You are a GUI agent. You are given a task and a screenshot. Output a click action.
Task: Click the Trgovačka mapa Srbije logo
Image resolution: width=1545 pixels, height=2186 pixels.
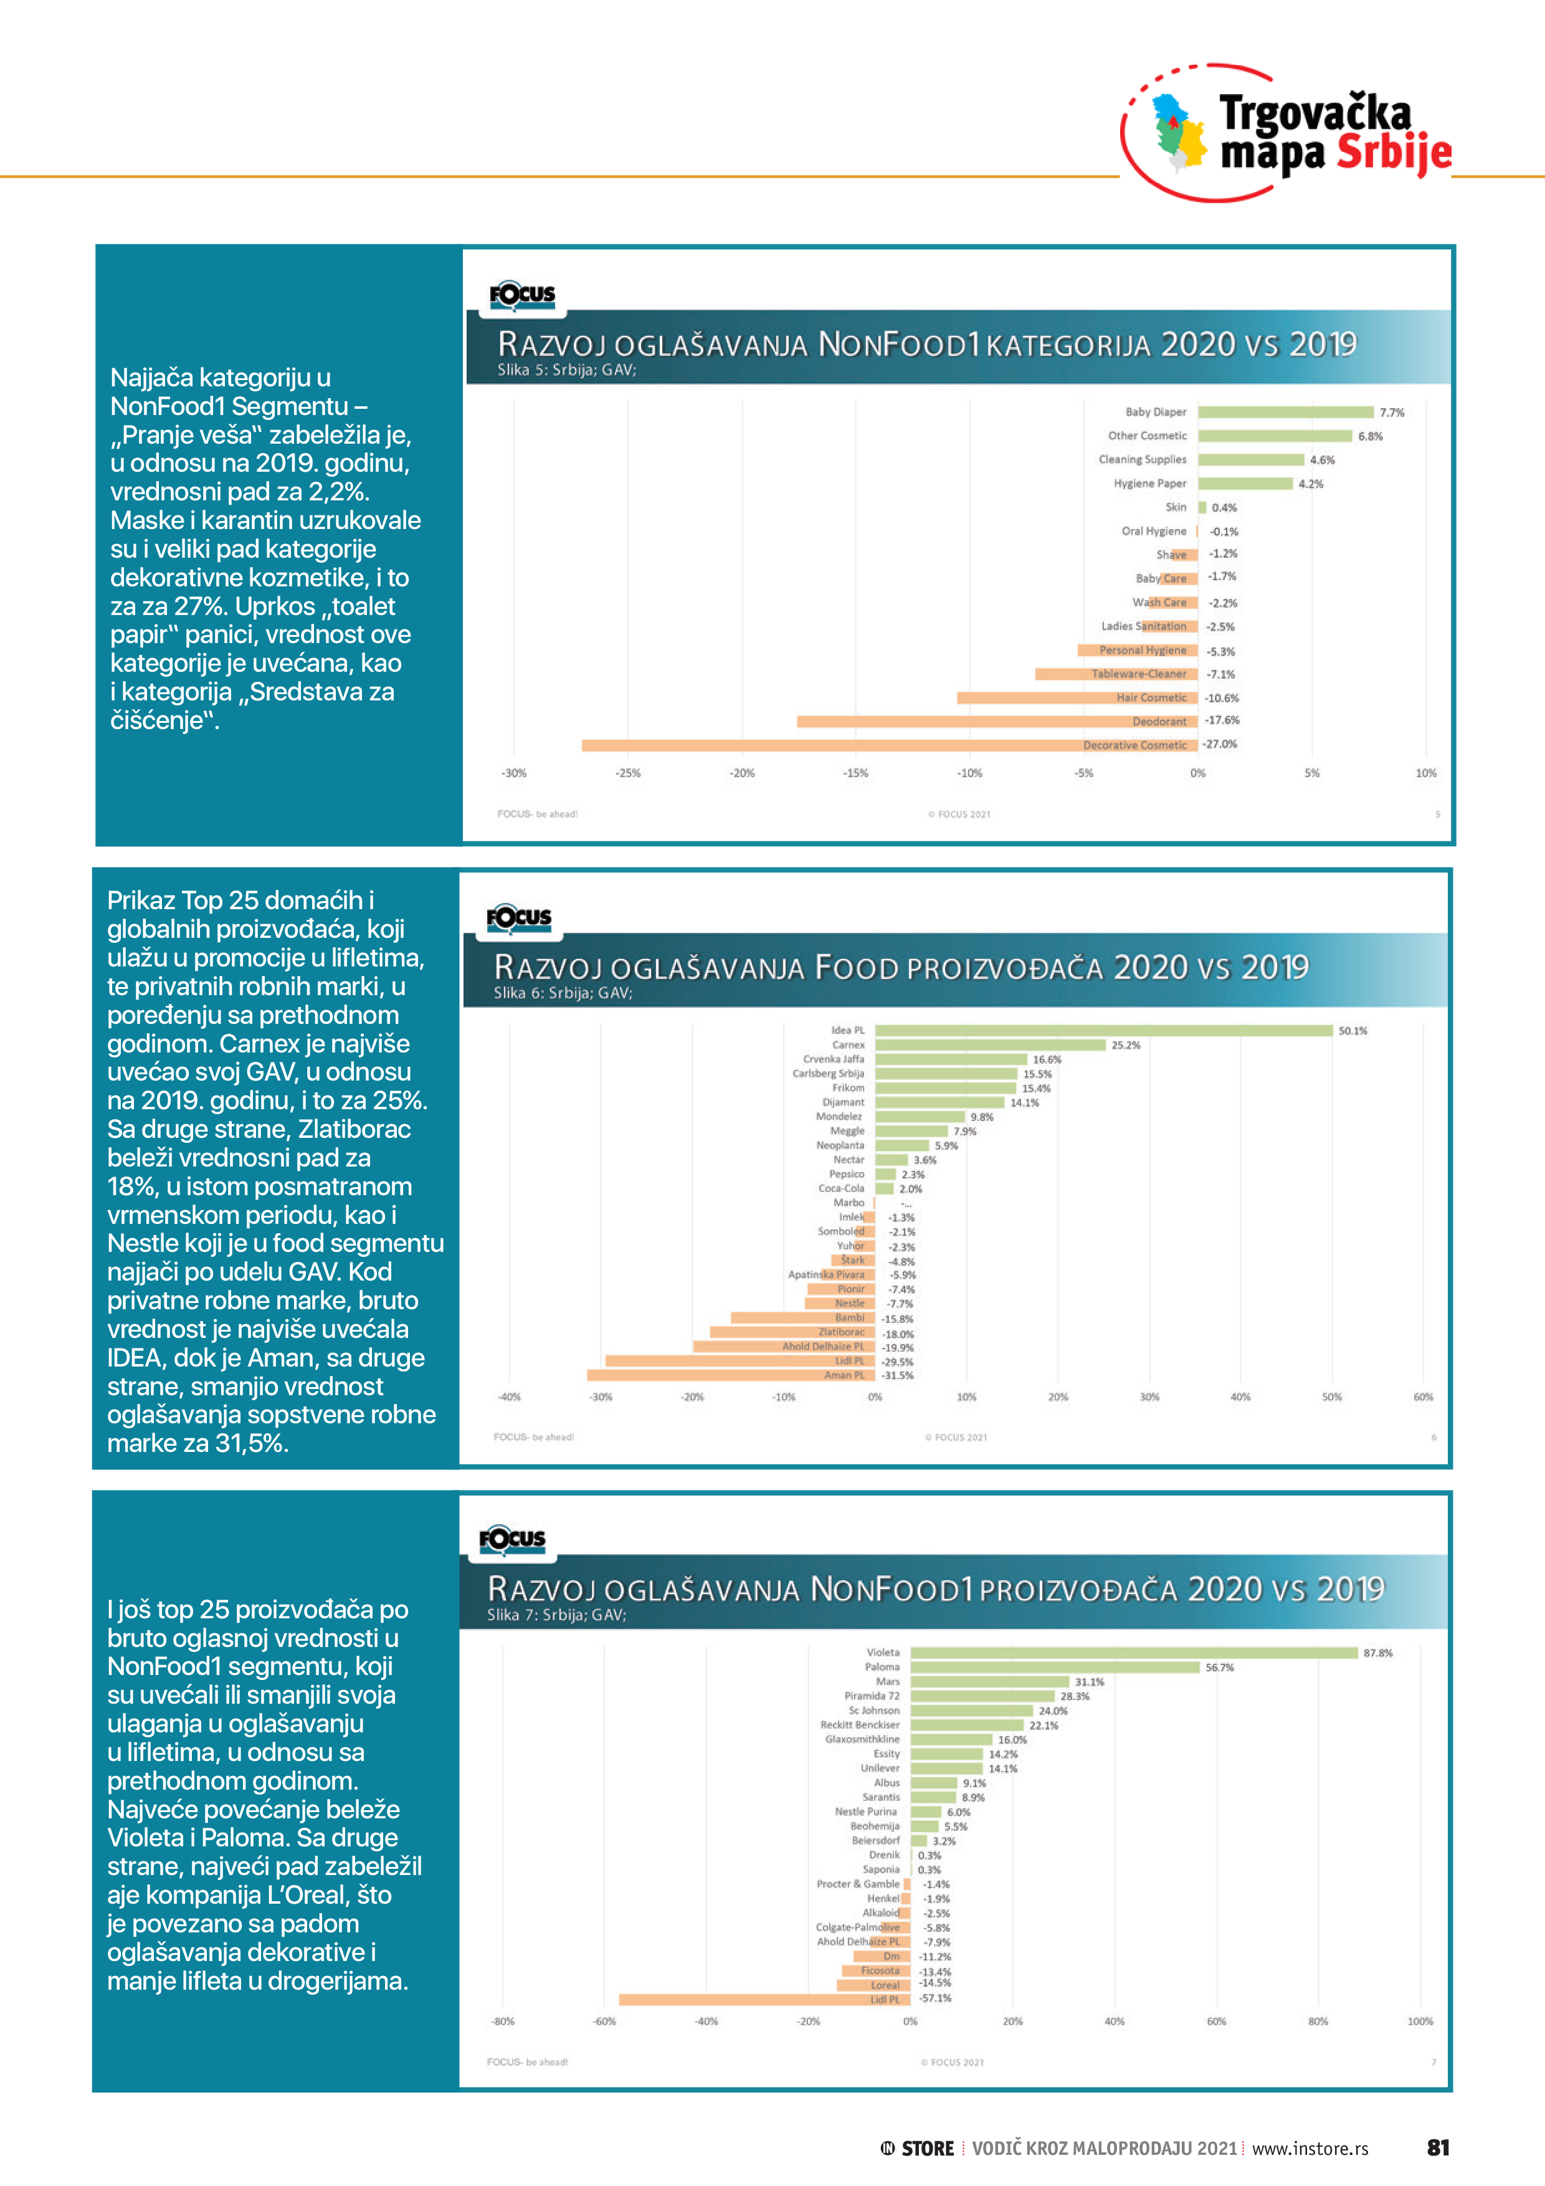tap(1287, 133)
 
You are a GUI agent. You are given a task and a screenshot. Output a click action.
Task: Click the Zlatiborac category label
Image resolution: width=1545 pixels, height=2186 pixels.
tap(842, 1332)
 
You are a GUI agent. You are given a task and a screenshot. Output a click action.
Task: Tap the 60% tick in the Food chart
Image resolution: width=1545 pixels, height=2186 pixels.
tap(1422, 1396)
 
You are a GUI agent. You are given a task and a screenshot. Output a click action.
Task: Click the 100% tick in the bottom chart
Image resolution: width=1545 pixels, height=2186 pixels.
tap(1419, 2021)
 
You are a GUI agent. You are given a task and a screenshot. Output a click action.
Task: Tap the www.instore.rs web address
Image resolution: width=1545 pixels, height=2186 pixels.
tap(1310, 2149)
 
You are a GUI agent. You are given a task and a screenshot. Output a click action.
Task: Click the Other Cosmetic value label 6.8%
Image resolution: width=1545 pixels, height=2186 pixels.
tap(1370, 436)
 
